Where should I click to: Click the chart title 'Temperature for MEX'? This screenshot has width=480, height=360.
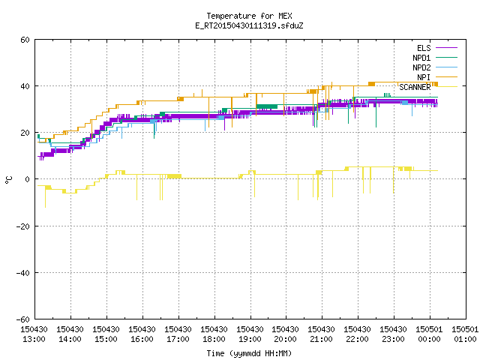click(249, 16)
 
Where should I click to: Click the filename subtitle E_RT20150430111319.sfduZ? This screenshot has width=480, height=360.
click(249, 25)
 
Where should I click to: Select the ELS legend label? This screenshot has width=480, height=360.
click(424, 48)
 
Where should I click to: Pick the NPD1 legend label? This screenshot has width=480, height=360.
click(421, 58)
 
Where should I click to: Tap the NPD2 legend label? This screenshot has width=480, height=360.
click(421, 67)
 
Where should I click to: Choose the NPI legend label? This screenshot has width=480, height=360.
click(424, 77)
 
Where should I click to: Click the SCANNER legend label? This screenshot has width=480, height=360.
click(415, 87)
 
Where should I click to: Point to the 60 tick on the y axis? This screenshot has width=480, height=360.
click(25, 40)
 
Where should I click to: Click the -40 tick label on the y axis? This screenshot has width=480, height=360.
click(22, 273)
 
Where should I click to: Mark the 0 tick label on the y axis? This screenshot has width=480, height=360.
click(28, 179)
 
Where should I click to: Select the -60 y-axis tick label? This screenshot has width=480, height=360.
click(22, 319)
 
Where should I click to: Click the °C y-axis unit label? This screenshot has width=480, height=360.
click(8, 180)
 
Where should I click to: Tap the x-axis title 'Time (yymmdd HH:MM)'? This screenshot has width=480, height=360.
click(249, 353)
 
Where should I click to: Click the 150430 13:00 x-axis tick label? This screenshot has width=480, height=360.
click(34, 334)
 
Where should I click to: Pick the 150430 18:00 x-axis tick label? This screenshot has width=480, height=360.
click(214, 334)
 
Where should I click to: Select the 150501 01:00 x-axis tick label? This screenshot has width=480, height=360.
click(465, 334)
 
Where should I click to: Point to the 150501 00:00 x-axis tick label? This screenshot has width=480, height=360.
click(429, 334)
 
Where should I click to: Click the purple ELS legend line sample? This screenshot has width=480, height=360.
click(447, 48)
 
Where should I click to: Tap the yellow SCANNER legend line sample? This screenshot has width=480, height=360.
click(447, 87)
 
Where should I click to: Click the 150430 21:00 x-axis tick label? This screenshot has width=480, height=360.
click(321, 334)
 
